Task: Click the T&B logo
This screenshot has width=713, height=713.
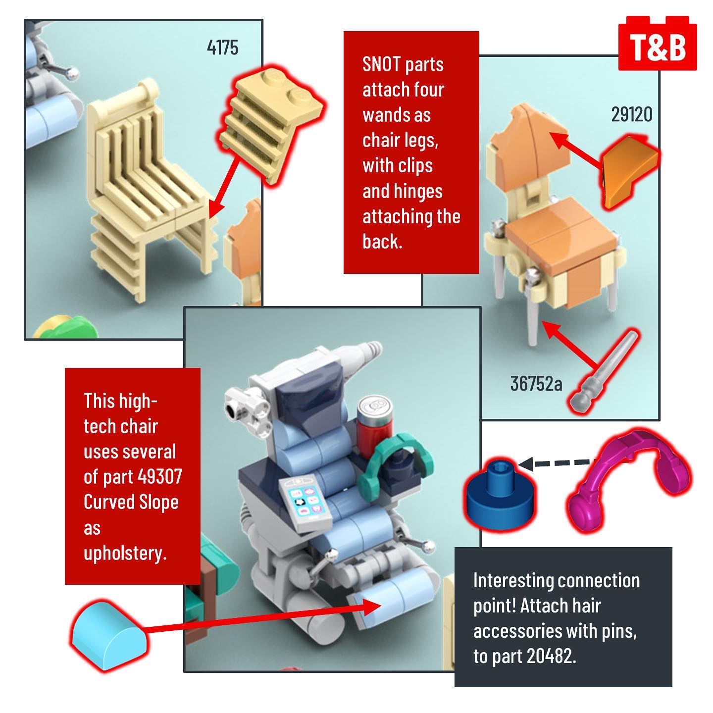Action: click(658, 46)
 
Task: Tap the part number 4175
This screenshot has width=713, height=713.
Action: click(222, 48)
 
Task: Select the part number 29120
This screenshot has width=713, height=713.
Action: click(631, 114)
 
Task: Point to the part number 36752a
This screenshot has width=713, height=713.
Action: click(536, 384)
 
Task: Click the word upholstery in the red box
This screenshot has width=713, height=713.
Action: click(125, 553)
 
